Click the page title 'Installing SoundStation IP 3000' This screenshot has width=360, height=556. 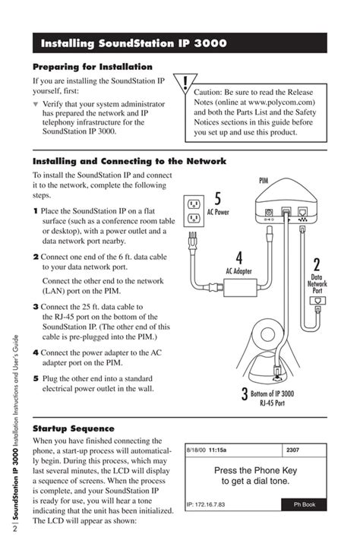134,43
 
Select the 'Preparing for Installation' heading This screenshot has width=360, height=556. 92,67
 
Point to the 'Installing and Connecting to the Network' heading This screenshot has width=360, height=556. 129,161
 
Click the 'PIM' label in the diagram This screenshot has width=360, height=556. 264,181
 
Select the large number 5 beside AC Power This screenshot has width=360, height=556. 217,199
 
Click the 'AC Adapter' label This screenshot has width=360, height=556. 238,270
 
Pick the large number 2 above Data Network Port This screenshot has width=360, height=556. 316,266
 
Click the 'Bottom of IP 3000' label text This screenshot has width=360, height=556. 273,393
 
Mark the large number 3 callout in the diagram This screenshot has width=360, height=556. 245,395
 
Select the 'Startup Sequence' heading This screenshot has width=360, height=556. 73,428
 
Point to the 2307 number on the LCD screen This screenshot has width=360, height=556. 292,450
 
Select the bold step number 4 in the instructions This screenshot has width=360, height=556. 36,353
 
